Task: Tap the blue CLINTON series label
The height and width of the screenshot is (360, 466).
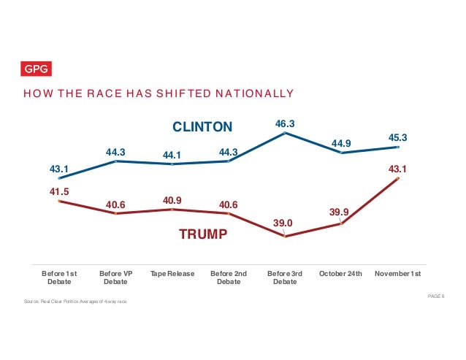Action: click(202, 127)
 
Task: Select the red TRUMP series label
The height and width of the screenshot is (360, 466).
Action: click(204, 235)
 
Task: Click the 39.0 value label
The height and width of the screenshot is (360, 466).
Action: click(283, 223)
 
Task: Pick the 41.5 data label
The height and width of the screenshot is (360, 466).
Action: click(59, 191)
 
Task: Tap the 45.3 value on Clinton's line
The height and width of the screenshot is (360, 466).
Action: click(397, 137)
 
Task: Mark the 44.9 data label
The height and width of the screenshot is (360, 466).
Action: click(341, 143)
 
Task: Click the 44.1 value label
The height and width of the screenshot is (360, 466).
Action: click(172, 154)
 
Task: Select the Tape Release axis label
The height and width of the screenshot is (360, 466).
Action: click(172, 274)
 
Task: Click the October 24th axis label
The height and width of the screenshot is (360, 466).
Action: click(340, 274)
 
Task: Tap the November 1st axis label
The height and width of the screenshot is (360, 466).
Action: click(397, 274)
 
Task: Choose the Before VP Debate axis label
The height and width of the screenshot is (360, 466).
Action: click(115, 277)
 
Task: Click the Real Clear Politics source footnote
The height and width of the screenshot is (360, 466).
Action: click(76, 302)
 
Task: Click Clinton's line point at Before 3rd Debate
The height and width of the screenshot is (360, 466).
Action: click(285, 133)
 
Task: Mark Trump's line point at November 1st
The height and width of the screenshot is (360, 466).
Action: click(398, 178)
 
